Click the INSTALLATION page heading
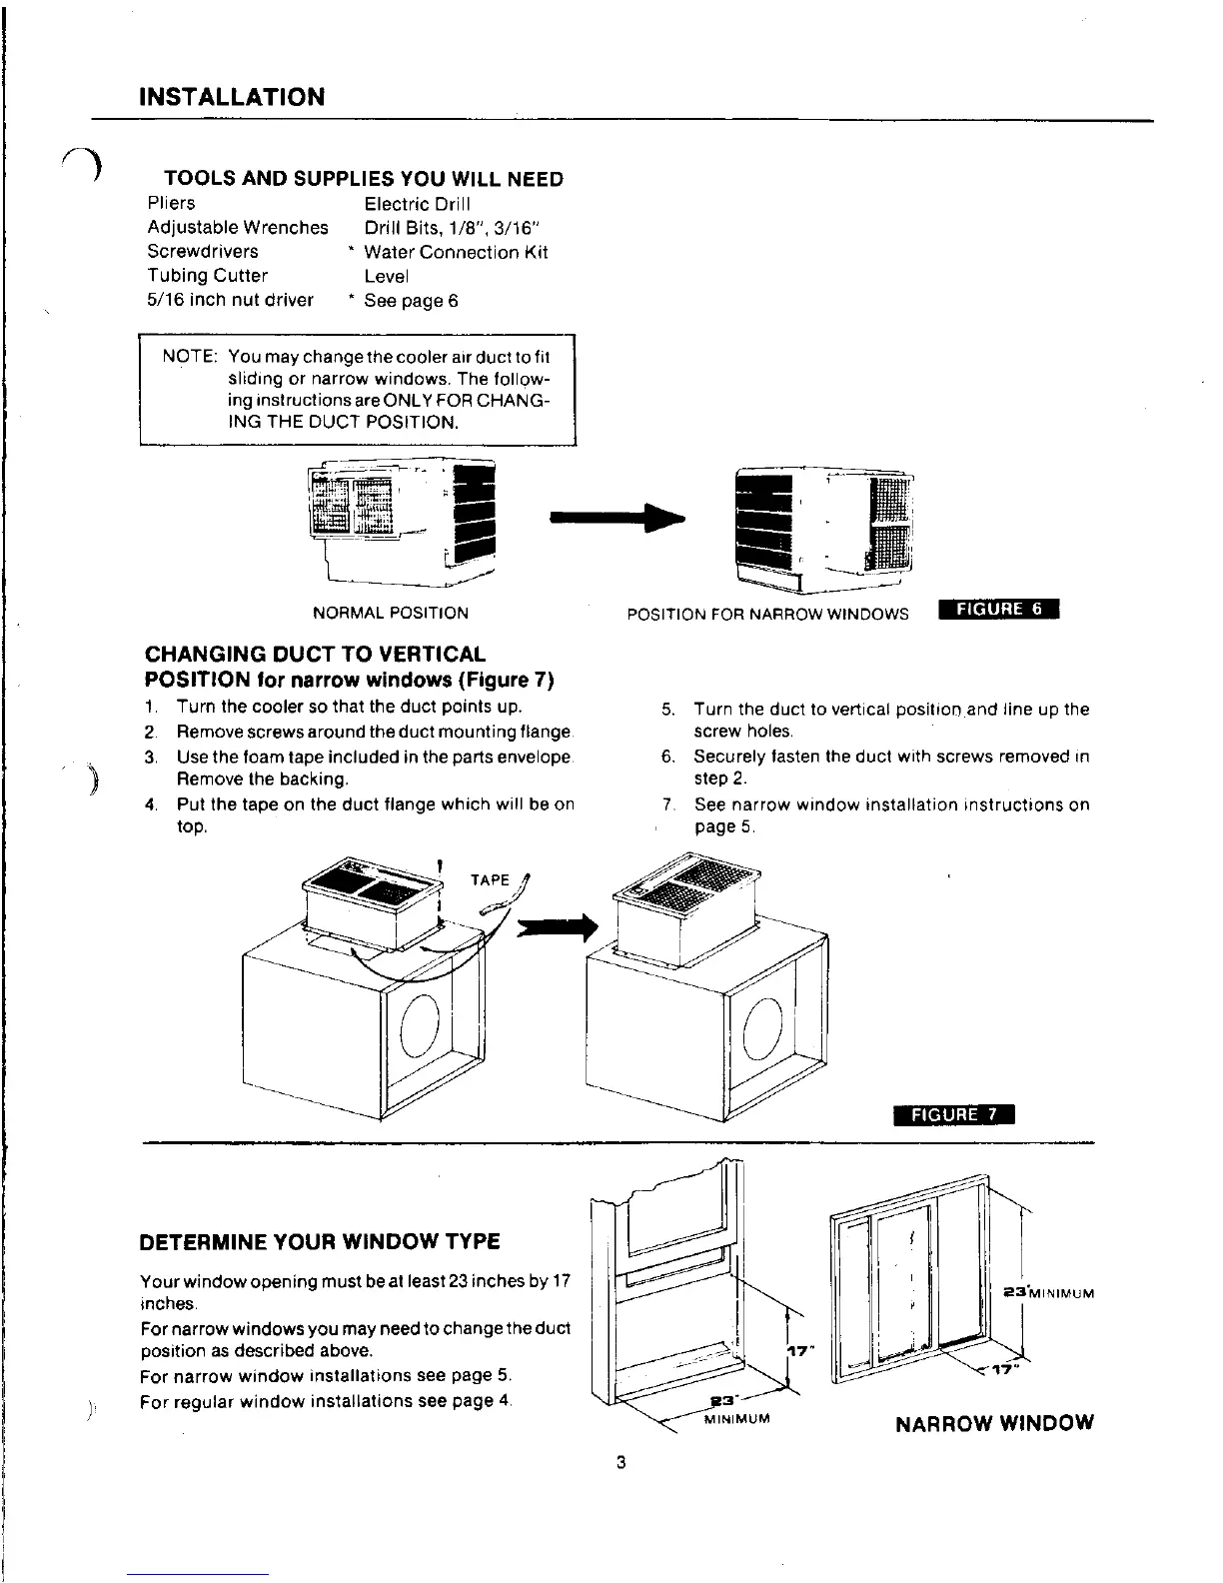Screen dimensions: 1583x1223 pos(232,97)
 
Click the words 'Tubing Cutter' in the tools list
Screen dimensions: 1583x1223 pos(207,276)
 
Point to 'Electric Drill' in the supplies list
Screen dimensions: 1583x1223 pos(411,204)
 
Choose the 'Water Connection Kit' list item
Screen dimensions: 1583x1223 pos(456,252)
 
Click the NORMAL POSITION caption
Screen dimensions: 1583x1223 pos(390,613)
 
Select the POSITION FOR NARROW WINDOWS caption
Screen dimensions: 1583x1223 pos(767,614)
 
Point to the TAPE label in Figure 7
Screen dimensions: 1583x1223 pos(490,880)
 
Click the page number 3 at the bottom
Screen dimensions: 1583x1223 pos(620,1464)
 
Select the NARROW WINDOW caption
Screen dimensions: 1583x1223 pos(994,1422)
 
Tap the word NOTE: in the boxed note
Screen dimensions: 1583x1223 pos(190,357)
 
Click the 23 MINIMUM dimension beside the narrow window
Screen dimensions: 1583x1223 pos(1048,1293)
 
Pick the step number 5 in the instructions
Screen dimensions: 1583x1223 pos(667,710)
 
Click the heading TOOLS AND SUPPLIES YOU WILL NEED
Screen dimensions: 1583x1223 pos(364,179)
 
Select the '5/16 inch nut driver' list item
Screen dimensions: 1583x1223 pos(230,300)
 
